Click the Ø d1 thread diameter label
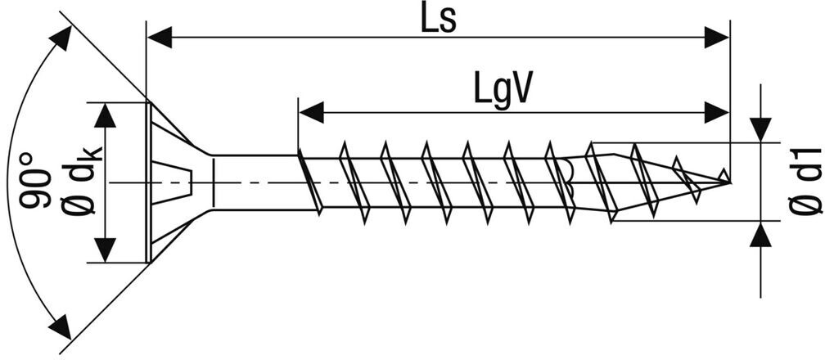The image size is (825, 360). click(x=806, y=182)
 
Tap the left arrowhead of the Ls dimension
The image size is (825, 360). click(x=159, y=37)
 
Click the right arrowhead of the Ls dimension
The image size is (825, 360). click(x=716, y=37)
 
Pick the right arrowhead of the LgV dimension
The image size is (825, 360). click(x=716, y=112)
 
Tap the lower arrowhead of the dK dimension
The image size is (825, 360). click(x=104, y=250)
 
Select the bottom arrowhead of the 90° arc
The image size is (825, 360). click(x=59, y=327)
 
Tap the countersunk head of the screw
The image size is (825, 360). click(x=168, y=182)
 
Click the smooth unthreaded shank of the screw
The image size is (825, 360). click(x=254, y=182)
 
